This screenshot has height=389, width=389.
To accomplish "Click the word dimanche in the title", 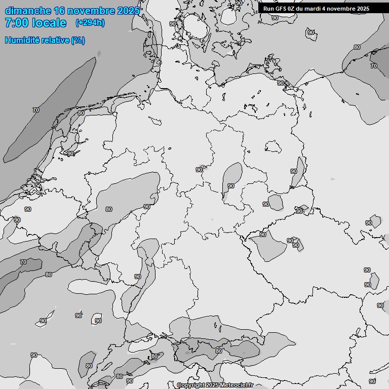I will pos(28,11).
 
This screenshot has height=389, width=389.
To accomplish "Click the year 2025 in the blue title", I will pos(128,11).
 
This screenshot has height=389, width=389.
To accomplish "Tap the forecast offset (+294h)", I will pos(90,23).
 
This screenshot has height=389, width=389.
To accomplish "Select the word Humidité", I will pos(22,41).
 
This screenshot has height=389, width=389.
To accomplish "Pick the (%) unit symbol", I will pos(77,41).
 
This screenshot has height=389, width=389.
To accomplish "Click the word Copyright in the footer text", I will pos(191,385).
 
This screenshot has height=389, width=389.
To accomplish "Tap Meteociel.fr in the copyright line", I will pos(236,385).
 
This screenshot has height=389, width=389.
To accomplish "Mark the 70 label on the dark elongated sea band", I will pos(35,110).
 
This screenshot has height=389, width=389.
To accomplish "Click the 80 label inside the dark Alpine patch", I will pos(218,351).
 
